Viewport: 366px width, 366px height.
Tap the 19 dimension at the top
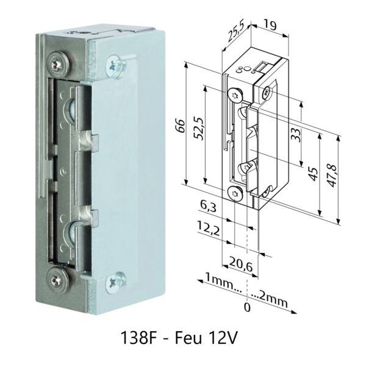270,25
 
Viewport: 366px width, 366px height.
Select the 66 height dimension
181,126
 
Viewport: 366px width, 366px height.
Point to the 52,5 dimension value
199,129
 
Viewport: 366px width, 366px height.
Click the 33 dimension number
295,135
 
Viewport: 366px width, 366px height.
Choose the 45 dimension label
314,174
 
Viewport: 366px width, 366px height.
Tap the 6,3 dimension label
208,206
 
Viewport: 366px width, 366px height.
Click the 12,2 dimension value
208,228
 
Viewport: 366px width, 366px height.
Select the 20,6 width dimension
241,264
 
